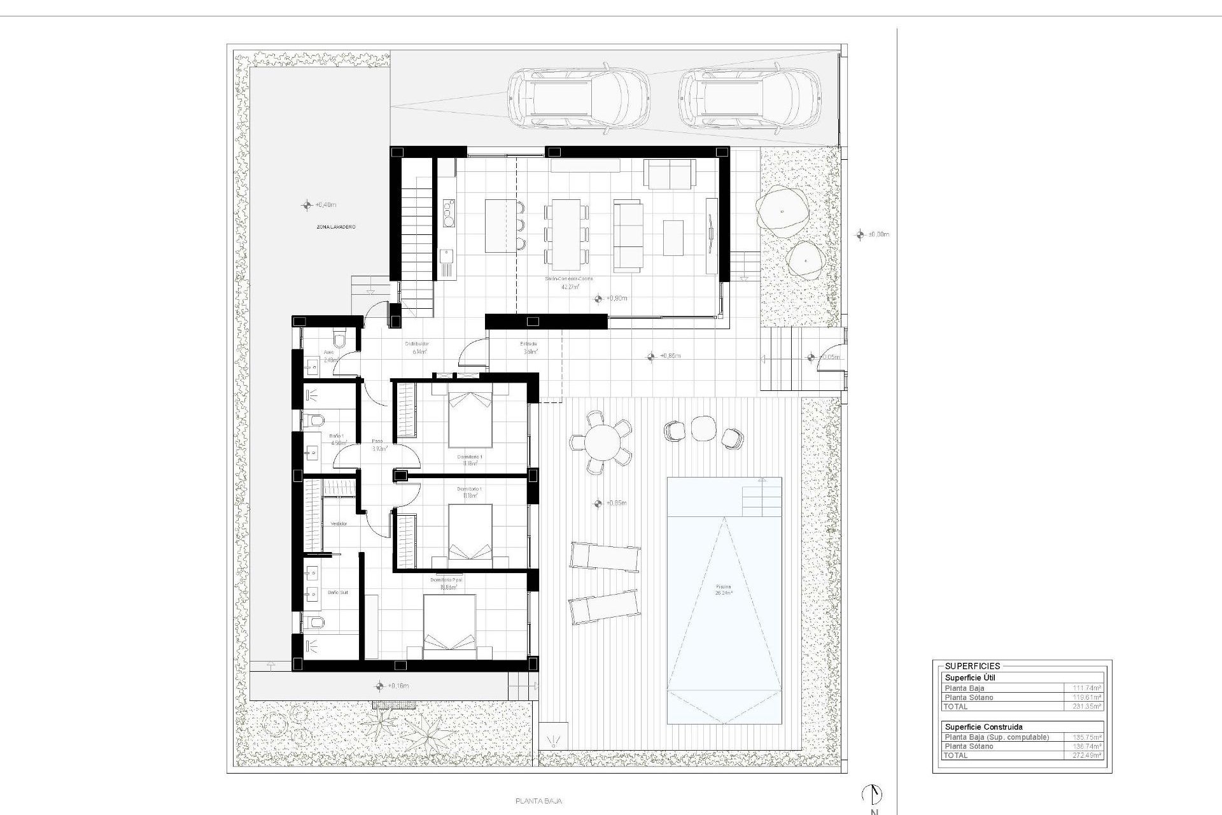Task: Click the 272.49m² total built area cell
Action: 1083,755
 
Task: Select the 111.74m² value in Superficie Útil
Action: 1083,688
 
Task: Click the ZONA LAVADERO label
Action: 336,227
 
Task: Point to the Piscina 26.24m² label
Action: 724,590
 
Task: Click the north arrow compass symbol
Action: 873,794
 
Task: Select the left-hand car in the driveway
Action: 578,99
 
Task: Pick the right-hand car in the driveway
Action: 748,99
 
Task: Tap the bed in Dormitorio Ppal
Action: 449,627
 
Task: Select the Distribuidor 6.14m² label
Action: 417,348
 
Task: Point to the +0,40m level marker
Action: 318,205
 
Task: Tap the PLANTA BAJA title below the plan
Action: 538,802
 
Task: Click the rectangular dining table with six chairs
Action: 566,234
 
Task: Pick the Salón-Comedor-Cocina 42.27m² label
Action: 569,283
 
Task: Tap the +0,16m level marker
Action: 391,686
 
